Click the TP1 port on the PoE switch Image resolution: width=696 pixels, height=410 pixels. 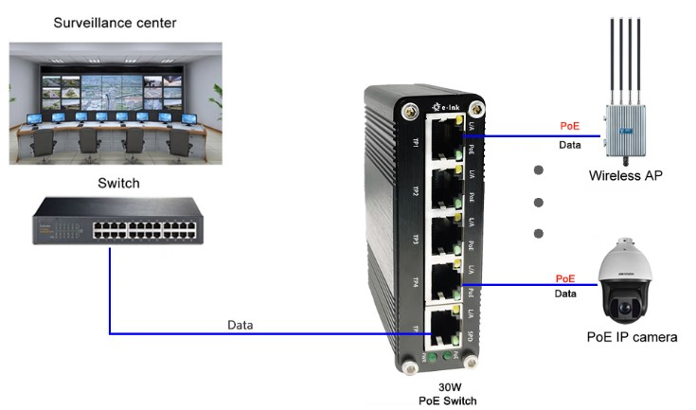(443, 137)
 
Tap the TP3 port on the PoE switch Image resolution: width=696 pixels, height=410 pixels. (443, 236)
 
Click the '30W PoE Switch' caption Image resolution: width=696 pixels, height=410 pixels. (448, 394)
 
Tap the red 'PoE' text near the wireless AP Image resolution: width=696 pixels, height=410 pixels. (569, 125)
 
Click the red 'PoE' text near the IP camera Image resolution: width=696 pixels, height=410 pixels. (565, 278)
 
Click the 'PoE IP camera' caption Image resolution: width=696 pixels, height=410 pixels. (633, 336)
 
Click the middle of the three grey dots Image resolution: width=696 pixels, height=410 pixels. (539, 202)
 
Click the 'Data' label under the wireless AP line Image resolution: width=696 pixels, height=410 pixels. (569, 146)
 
